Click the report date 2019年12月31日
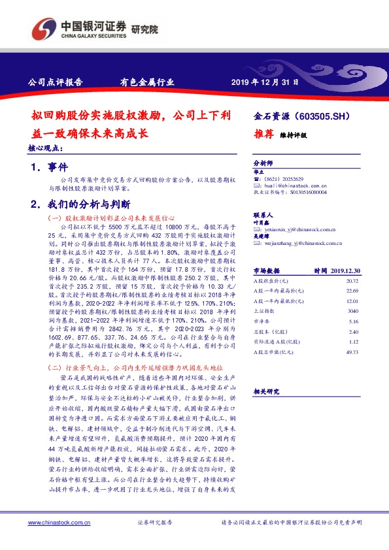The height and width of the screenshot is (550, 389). coord(265,83)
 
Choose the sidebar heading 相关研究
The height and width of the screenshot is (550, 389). coord(266,391)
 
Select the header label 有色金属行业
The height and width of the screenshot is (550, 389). coord(146,83)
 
